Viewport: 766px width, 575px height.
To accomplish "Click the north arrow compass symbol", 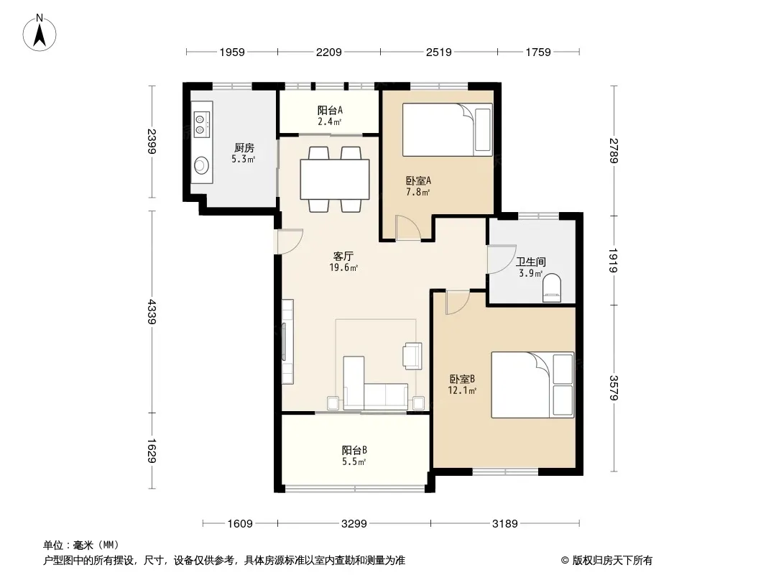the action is tap(40, 32).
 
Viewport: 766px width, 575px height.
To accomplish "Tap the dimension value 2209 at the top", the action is tap(329, 52).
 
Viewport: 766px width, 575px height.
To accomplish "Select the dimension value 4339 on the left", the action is tap(152, 312).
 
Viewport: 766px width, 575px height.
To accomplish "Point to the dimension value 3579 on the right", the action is tap(614, 388).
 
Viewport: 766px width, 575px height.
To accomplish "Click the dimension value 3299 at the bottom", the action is tap(354, 524).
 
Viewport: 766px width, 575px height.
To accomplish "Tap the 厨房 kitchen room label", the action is tap(244, 147).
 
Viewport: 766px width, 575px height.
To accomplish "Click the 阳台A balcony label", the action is tap(330, 111).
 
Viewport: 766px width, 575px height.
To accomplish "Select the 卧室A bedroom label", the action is tap(419, 180).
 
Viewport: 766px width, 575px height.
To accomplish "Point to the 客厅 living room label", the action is tap(343, 256).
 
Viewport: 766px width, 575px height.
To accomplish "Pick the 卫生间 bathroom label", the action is tap(531, 262).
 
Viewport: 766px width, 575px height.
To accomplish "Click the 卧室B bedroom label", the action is tap(462, 379).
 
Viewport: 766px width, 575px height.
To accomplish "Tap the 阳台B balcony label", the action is tap(354, 450).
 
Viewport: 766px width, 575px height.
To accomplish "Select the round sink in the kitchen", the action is tap(201, 165).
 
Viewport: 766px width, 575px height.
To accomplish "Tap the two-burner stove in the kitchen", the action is tap(201, 124).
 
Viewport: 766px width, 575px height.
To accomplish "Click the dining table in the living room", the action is tap(335, 179).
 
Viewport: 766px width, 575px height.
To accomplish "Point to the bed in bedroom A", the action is tap(448, 129).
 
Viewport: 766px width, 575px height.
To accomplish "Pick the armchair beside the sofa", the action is tap(412, 355).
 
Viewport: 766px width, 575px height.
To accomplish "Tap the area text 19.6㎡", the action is tap(344, 267).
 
